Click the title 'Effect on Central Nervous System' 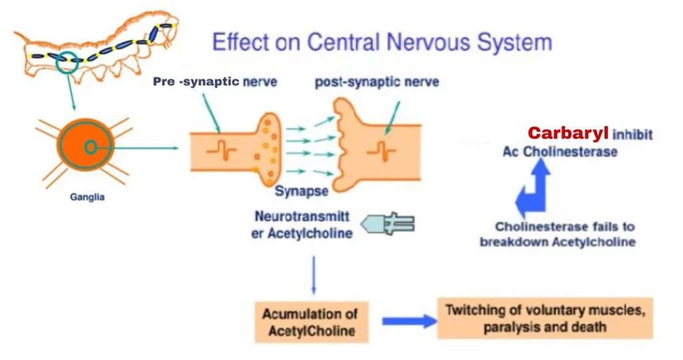(382, 42)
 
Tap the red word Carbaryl (568, 133)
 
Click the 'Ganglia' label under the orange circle (87, 197)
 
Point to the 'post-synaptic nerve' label (377, 83)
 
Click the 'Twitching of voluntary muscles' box (544, 318)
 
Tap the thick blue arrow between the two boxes (408, 321)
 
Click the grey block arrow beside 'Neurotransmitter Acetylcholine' (391, 224)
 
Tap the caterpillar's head (166, 27)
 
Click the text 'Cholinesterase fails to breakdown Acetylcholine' (558, 235)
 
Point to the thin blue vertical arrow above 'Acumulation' (313, 273)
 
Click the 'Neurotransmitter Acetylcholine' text (302, 226)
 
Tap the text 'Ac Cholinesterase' (560, 151)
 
